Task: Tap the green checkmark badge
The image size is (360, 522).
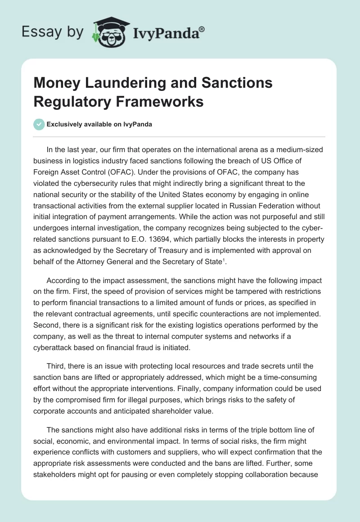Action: pos(39,124)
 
